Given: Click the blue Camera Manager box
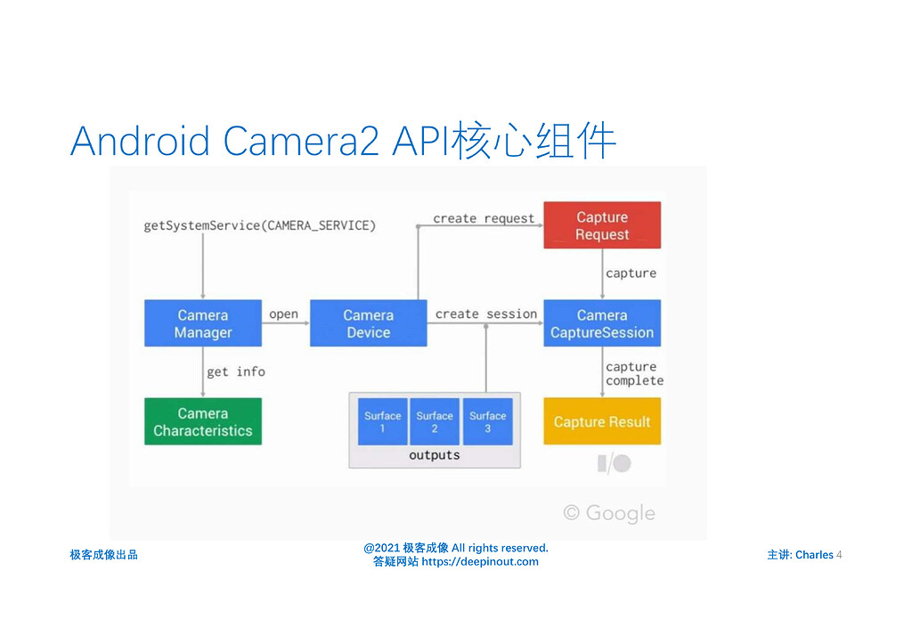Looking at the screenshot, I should [x=203, y=323].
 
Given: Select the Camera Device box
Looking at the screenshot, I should [x=368, y=323].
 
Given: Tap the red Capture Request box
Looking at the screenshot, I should [x=602, y=225].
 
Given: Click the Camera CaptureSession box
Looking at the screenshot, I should [x=602, y=323].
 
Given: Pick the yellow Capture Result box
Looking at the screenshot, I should [x=602, y=421].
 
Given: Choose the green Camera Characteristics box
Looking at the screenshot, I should [x=203, y=421].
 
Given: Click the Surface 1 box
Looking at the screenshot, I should [x=382, y=421].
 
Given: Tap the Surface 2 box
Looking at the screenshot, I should [x=435, y=421].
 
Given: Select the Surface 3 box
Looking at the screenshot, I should [x=488, y=421].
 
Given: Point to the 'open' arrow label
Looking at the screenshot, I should [x=283, y=314].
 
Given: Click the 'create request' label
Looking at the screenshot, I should [x=484, y=218].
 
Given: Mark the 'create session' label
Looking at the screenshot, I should [x=486, y=314].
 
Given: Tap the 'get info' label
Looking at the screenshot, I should [x=236, y=371].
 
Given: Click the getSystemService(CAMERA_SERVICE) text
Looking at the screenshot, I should [x=260, y=225].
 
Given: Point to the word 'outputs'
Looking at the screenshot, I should [x=435, y=455].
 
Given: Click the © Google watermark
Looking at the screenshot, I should [x=609, y=513].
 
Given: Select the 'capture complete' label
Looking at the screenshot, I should [x=634, y=373].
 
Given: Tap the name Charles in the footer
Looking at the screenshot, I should [x=814, y=555].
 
